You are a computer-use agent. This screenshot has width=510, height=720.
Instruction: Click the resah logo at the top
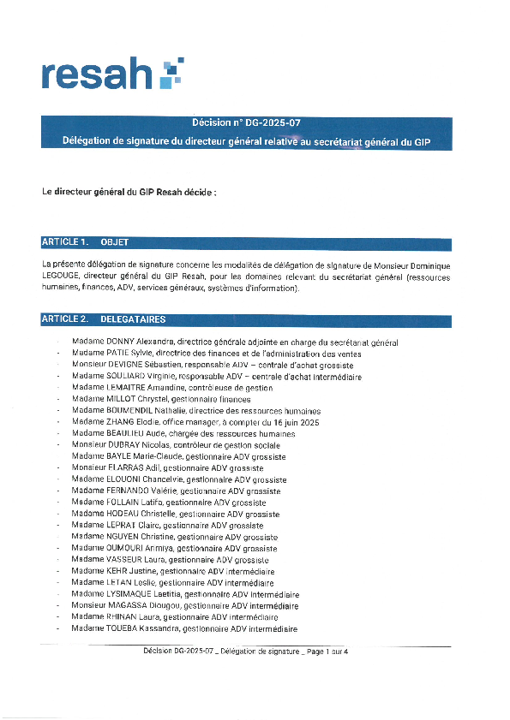(x=111, y=74)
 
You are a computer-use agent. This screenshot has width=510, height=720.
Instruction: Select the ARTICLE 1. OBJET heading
(x=86, y=243)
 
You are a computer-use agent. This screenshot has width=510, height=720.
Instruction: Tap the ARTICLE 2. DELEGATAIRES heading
(x=103, y=320)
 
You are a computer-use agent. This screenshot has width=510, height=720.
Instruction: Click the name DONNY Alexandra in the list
(x=141, y=342)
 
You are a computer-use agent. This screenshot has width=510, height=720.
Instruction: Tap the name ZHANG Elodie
(x=130, y=422)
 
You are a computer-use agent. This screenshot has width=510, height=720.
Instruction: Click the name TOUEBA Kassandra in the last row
(x=142, y=628)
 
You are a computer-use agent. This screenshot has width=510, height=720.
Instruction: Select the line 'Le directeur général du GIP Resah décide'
(x=129, y=193)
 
